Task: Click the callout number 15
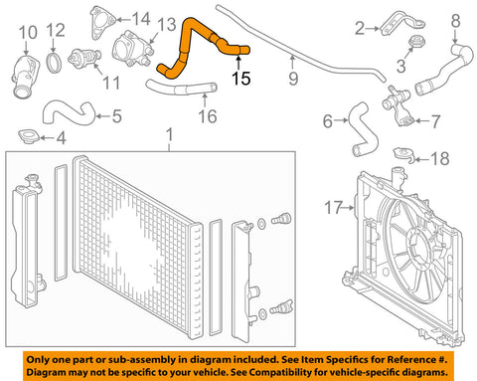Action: (240, 79)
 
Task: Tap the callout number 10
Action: (28, 33)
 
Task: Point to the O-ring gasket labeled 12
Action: (54, 63)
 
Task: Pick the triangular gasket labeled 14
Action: (100, 23)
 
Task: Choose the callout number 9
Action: (293, 79)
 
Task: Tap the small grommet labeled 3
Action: (417, 42)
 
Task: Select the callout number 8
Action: (456, 21)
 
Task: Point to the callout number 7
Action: (435, 121)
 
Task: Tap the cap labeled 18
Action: (403, 154)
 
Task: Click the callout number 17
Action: (333, 208)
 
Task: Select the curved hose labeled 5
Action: (68, 112)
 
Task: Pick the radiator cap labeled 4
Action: (29, 136)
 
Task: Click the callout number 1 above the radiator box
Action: (169, 135)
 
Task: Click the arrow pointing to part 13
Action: (153, 38)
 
